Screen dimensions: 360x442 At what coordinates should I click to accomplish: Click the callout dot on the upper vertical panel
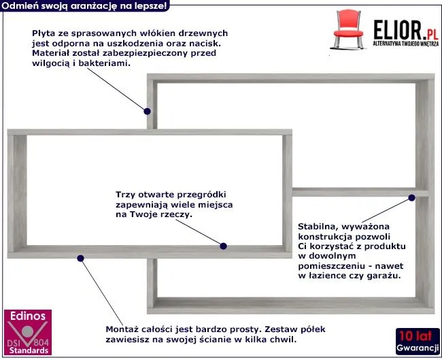tap(147, 110)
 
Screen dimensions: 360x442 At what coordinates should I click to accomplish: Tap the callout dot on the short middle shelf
tap(411, 198)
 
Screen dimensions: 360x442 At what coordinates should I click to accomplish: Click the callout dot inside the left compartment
tap(225, 246)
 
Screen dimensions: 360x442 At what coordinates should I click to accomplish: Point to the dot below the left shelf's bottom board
tap(81, 257)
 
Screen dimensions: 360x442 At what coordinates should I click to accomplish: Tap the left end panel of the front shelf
tap(17, 194)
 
